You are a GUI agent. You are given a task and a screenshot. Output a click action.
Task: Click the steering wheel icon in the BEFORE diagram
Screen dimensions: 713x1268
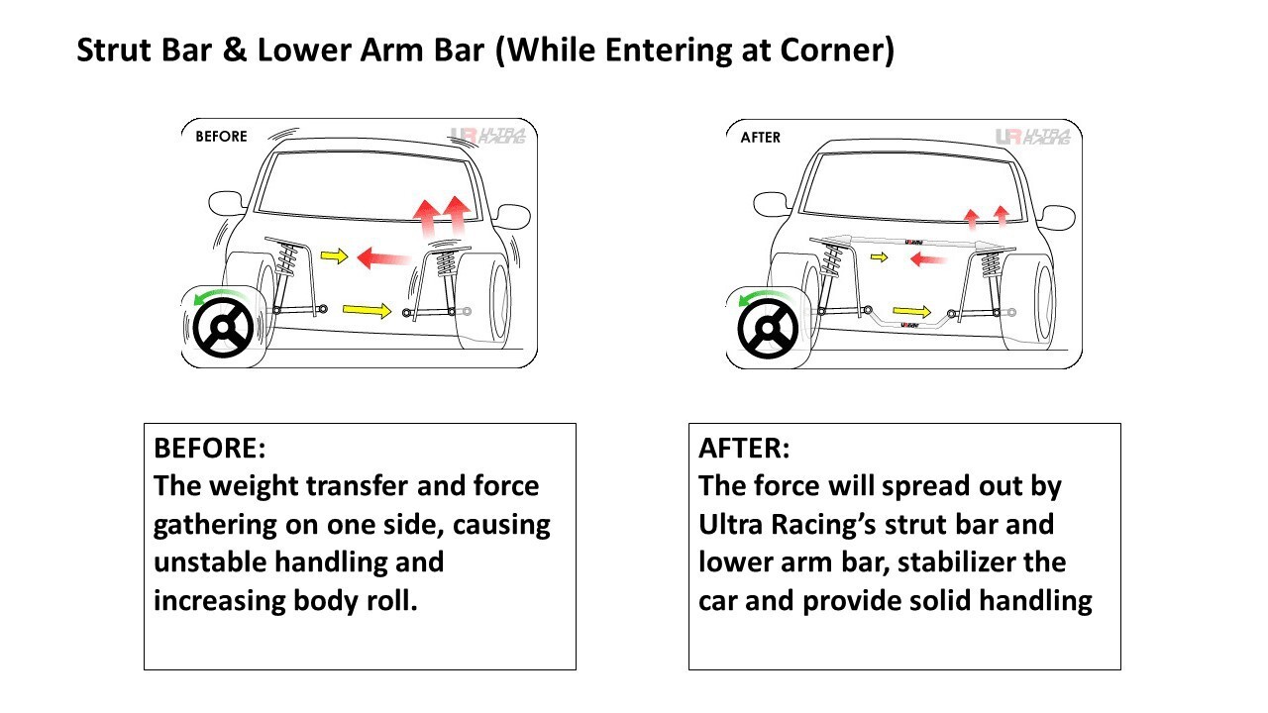[224, 326]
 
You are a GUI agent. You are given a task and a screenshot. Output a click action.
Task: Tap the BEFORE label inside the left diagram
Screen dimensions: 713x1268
[221, 137]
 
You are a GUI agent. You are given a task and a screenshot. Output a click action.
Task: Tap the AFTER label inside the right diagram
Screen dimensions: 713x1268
[761, 137]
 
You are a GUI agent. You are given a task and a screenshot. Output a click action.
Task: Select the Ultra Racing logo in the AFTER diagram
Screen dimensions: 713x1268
[1032, 137]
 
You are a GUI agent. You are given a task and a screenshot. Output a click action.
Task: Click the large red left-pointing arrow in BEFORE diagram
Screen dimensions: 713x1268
[382, 258]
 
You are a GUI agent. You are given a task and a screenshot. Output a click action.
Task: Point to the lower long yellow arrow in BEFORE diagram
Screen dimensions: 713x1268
[367, 311]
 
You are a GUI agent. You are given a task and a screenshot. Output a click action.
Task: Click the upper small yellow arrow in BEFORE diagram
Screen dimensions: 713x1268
[335, 256]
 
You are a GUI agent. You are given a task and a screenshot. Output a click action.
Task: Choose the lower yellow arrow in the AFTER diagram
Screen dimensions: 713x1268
[912, 312]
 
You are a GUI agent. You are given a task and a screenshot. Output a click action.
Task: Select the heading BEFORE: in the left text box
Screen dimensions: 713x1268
[210, 448]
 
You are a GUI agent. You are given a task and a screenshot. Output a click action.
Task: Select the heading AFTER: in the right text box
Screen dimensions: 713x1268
[744, 448]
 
